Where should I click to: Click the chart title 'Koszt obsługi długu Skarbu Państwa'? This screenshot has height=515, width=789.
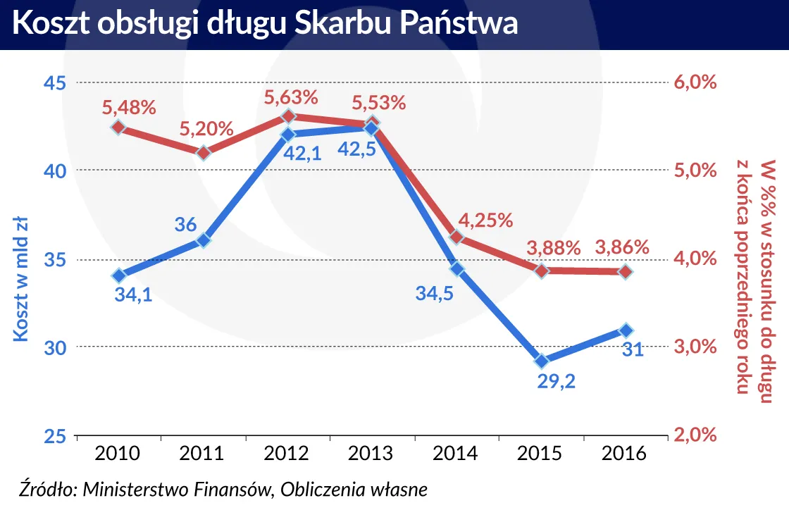pos(266,25)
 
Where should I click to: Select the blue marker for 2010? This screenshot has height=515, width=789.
pos(118,275)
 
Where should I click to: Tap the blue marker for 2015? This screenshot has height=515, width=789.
pos(541,361)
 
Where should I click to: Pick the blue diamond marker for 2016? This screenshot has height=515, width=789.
pos(626,330)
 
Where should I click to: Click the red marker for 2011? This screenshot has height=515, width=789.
pos(203,153)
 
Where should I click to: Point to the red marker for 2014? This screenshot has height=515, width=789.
pos(456,237)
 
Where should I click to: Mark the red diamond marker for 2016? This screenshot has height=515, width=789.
pos(626,271)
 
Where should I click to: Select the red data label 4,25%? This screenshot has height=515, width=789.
pos(485,220)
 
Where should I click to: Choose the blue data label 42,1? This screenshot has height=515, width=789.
pos(301,152)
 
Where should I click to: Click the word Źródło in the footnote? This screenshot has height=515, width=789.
pos(46,490)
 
